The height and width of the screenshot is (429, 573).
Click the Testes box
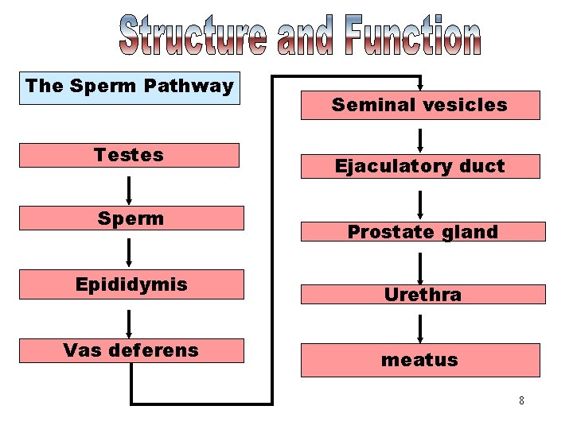click(128, 155)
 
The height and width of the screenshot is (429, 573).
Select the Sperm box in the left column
click(131, 218)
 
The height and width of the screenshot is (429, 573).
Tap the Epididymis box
click(131, 284)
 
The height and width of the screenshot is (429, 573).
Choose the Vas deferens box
click(131, 350)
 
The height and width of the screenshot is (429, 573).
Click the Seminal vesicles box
click(419, 105)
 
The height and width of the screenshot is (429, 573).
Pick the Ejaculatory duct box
click(419, 166)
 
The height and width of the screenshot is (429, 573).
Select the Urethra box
click(423, 295)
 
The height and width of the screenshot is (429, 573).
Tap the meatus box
click(419, 360)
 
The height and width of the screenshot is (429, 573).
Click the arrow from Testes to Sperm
click(128, 190)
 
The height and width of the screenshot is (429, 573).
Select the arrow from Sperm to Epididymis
click(128, 253)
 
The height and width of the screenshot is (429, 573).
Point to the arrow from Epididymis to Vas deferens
click(128, 319)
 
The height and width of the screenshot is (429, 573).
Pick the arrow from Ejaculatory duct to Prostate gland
click(420, 204)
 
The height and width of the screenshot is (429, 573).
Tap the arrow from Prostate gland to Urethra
click(420, 268)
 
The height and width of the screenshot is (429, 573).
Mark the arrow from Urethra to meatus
click(420, 327)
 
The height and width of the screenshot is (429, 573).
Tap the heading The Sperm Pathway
click(129, 86)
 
